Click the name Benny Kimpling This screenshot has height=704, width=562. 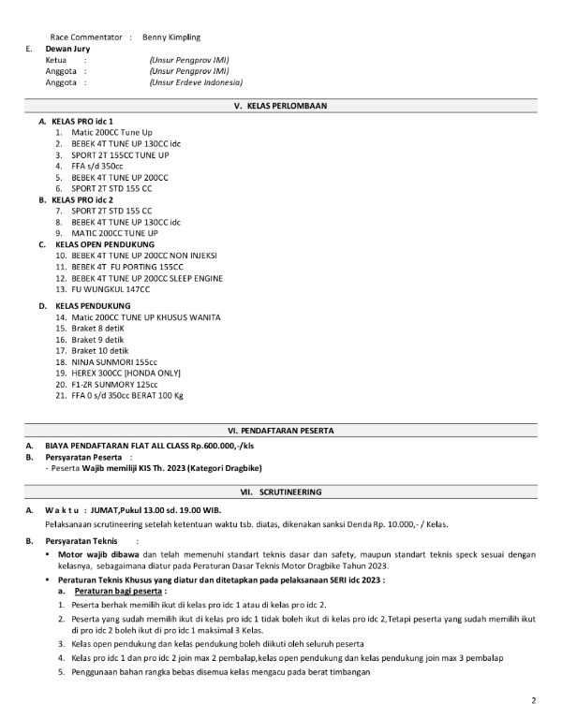[171, 37]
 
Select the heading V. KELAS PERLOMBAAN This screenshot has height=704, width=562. [281, 106]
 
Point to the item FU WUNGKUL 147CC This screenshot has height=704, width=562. [111, 289]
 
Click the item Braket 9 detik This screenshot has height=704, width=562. [99, 339]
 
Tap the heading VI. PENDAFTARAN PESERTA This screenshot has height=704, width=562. [281, 429]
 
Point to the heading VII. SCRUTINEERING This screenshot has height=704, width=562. [281, 491]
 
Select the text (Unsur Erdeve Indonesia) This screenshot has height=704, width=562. [190, 82]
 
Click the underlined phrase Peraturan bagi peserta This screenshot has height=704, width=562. [121, 593]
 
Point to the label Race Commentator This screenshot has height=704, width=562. [86, 37]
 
